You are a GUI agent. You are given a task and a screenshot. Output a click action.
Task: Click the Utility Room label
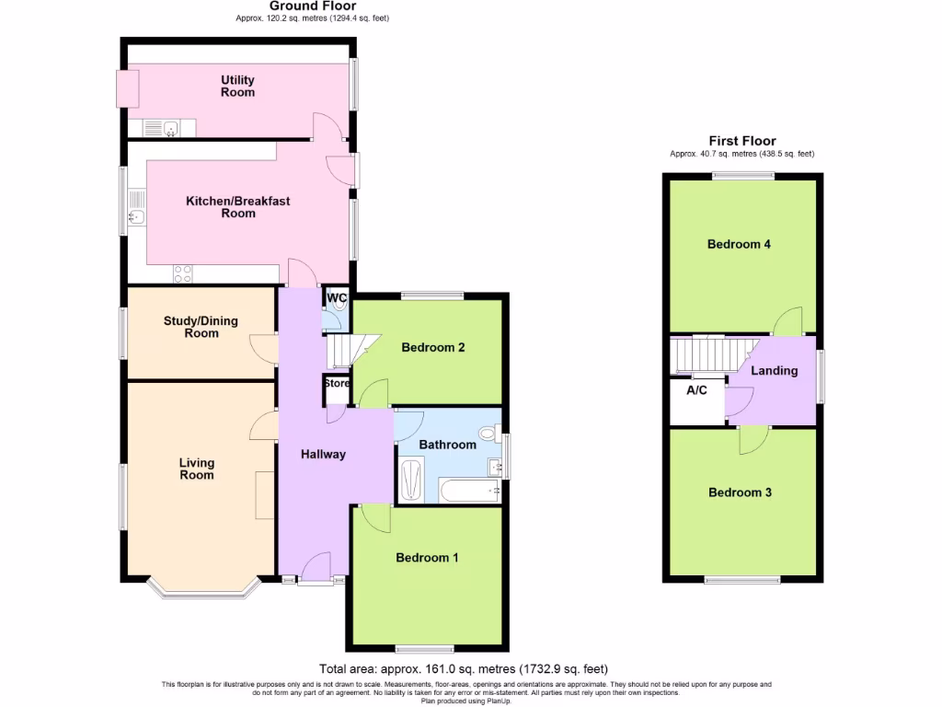pyautogui.click(x=237, y=87)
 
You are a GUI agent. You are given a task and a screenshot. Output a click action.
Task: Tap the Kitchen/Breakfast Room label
pyautogui.click(x=237, y=207)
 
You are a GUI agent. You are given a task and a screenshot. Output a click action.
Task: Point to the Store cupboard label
pyautogui.click(x=337, y=384)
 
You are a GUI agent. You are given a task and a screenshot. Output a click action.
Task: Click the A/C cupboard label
pyautogui.click(x=696, y=390)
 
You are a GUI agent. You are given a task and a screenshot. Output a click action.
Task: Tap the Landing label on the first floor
pyautogui.click(x=775, y=371)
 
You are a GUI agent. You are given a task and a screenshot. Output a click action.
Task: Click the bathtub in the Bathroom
pyautogui.click(x=469, y=490)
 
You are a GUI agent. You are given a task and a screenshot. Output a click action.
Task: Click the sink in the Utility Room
pyautogui.click(x=169, y=128)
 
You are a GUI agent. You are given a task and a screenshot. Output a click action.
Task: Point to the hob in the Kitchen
pyautogui.click(x=182, y=273)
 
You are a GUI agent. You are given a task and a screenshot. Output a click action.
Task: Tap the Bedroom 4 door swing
pyautogui.click(x=787, y=321)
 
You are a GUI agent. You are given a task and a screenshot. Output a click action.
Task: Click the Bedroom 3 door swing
pyautogui.click(x=753, y=441)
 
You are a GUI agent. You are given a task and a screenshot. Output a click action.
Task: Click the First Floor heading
pyautogui.click(x=741, y=140)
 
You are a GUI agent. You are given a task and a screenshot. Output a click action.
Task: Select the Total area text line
pyautogui.click(x=464, y=669)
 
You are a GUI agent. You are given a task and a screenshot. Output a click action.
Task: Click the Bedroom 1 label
pyautogui.click(x=427, y=558)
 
